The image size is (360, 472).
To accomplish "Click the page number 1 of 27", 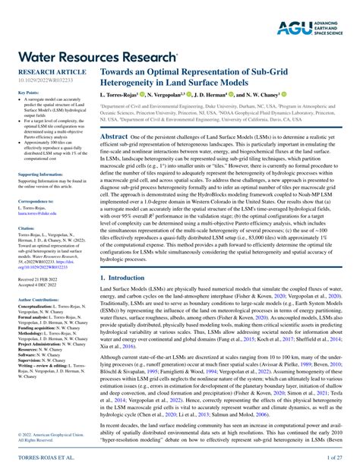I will pos(335,458).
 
